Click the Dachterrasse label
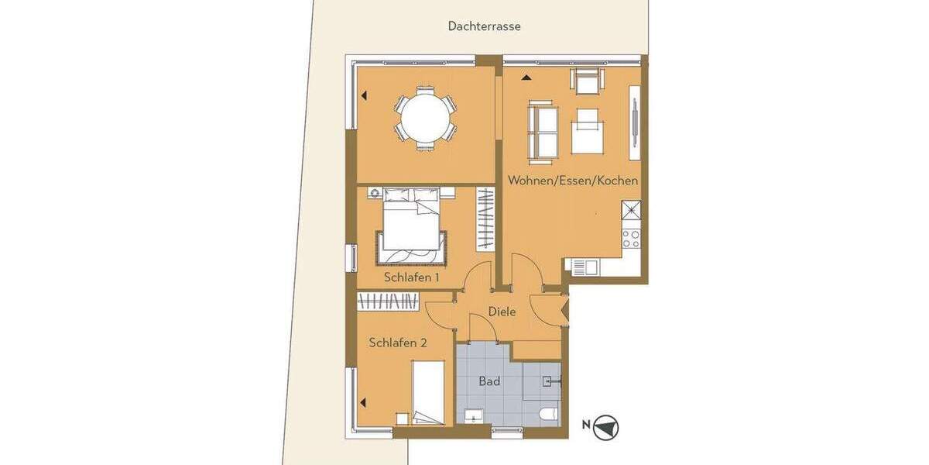tap(484, 26)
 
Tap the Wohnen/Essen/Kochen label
tap(573, 181)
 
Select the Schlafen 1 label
tap(412, 277)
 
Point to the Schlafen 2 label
tap(398, 343)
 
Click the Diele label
tap(502, 312)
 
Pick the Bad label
tap(489, 381)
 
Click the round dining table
tap(425, 118)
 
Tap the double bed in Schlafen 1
tap(412, 228)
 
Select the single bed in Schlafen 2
tap(427, 393)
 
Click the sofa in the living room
tap(542, 132)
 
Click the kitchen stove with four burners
tap(631, 238)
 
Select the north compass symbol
tap(606, 427)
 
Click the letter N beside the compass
tap(586, 424)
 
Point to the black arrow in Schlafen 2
tap(362, 402)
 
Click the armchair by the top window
tap(587, 81)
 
